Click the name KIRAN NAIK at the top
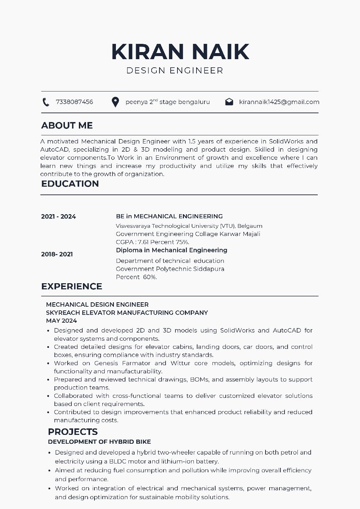pos(180,51)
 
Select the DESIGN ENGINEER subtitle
pos(175,71)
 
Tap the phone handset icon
pos(46,102)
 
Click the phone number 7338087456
pos(74,102)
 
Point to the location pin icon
pos(115,102)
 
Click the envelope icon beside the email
pos(229,102)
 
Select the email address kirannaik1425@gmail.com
pos(279,102)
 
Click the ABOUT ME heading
pos(67,125)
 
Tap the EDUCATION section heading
pos(70,184)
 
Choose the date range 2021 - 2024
pos(58,217)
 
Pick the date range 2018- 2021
pos(57,254)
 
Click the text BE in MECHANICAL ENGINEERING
pos(169,216)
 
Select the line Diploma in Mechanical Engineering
pos(171,250)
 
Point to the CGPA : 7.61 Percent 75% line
pos(152,242)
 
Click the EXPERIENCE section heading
pos(72,286)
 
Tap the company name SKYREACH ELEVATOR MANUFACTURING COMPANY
pos(127,312)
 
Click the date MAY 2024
pos(62,321)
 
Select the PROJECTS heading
pos(73,432)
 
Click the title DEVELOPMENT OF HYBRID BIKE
pos(99,442)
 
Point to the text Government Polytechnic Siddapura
pos(170,269)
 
